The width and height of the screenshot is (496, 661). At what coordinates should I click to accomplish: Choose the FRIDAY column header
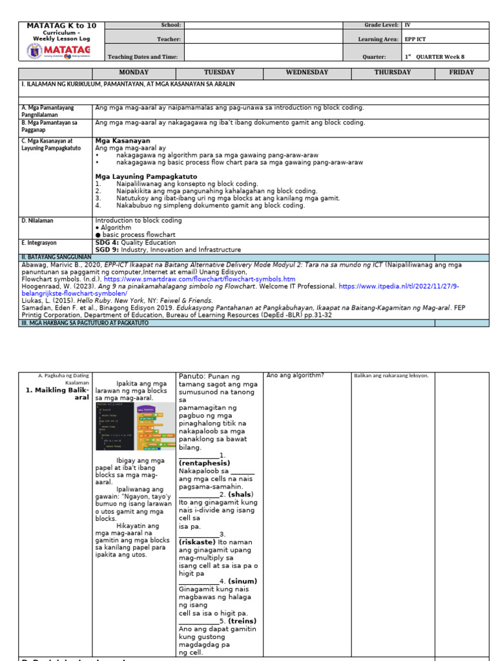(x=462, y=72)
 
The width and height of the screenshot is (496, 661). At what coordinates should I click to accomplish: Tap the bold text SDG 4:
(x=108, y=243)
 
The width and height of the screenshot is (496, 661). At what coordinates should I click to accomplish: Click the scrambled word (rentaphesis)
(x=205, y=463)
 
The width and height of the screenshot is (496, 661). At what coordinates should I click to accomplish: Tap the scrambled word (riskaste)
(x=200, y=542)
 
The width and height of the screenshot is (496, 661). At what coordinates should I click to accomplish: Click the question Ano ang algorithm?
(x=294, y=376)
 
